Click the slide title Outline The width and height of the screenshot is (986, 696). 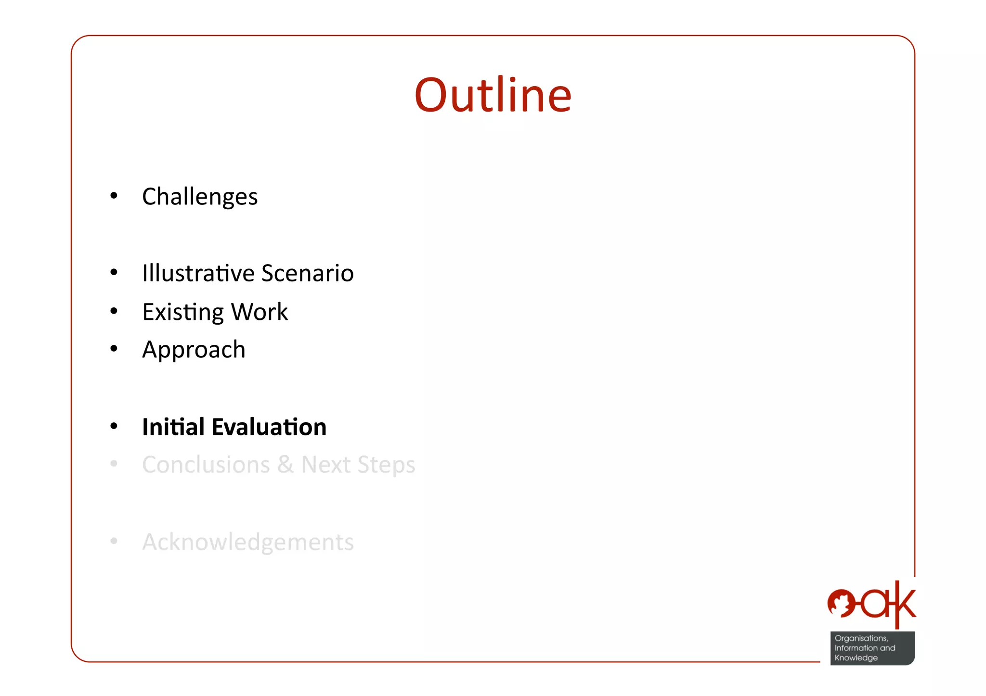493,95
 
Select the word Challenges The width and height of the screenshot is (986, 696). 200,197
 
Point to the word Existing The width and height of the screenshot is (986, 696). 183,312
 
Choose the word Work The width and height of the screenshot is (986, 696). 259,312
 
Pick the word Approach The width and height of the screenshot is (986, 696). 194,350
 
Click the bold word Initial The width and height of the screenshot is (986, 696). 173,427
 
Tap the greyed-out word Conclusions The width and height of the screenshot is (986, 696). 206,465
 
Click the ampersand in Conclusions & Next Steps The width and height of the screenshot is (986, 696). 285,465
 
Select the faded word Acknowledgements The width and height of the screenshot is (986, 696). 248,542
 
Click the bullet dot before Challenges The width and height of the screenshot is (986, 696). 114,195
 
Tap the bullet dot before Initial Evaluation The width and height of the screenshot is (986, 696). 114,426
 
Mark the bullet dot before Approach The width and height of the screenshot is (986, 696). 114,348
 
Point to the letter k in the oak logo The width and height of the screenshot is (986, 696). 905,603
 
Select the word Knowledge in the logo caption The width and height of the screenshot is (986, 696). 856,658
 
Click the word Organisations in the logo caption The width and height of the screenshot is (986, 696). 861,638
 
